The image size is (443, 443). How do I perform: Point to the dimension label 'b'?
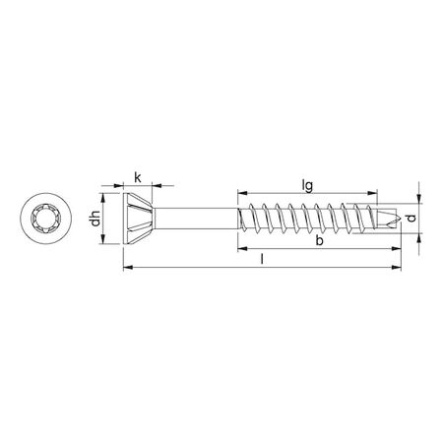coord(316,241)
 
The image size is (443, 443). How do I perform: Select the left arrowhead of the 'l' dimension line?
coord(125,266)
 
